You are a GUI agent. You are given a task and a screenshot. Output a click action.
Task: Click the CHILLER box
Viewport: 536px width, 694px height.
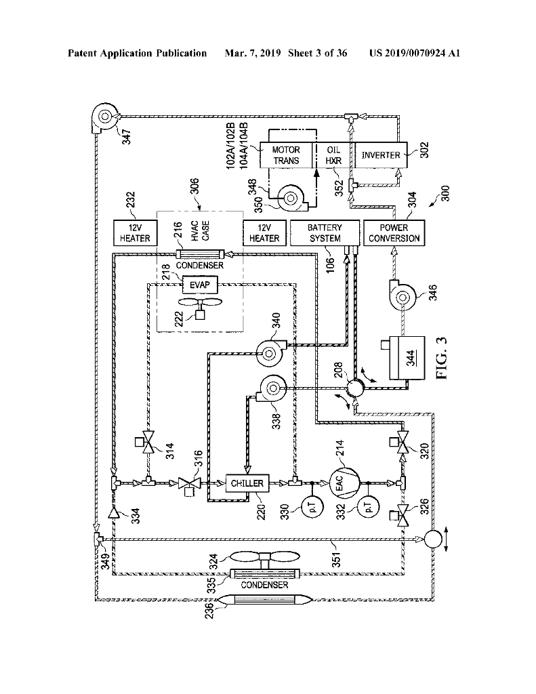[247, 483]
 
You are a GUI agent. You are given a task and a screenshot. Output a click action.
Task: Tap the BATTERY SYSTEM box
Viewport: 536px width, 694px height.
[325, 233]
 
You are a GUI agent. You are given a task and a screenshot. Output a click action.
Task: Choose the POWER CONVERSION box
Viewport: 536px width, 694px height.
[394, 233]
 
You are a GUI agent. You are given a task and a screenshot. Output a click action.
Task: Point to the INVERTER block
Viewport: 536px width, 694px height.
[380, 155]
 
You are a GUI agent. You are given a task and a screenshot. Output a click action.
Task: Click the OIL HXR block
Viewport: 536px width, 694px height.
[333, 155]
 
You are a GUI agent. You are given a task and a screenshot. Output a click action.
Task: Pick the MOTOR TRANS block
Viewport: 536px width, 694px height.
[287, 155]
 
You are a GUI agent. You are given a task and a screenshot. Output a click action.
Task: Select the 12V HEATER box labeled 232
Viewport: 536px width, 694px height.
[135, 233]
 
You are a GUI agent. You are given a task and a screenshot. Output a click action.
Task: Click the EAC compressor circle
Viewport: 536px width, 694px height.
[340, 483]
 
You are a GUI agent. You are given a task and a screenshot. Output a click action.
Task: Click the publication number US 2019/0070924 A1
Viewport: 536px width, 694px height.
[415, 53]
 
